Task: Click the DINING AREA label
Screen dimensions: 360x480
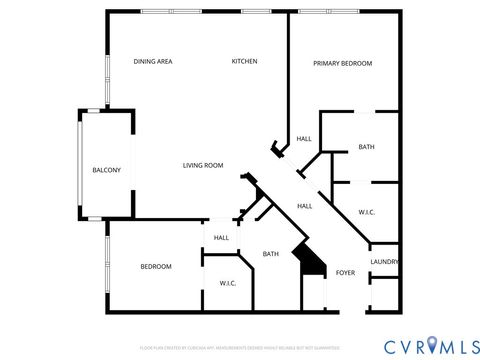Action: [x=153, y=62]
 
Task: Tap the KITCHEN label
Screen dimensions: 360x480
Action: [x=245, y=62]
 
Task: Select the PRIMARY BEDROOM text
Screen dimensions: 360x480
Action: [x=342, y=63]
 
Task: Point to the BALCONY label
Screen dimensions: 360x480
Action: [x=106, y=170]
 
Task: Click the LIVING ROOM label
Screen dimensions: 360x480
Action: [x=202, y=165]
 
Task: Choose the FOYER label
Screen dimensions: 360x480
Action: [x=345, y=272]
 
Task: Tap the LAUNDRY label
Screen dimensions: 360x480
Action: [x=385, y=262]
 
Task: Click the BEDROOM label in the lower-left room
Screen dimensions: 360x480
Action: [x=155, y=266]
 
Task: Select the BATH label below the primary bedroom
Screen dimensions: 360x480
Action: [x=366, y=148]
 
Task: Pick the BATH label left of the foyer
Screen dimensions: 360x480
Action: [x=270, y=254]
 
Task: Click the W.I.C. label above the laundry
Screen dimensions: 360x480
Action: [x=366, y=211]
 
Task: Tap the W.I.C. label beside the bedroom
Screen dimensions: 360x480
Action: [x=227, y=283]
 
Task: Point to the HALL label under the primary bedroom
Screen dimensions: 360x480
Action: [x=304, y=139]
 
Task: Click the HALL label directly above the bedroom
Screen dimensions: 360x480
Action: [x=221, y=238]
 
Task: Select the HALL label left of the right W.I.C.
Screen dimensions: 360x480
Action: [x=305, y=206]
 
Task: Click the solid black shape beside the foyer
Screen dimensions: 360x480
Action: [x=311, y=261]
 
